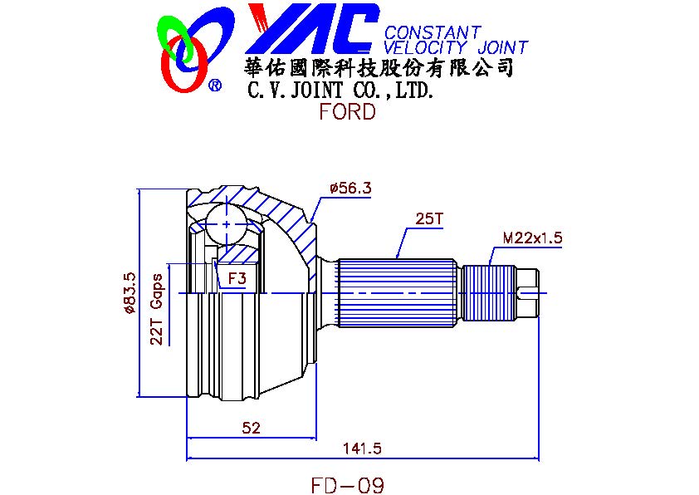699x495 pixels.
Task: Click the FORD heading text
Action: click(347, 111)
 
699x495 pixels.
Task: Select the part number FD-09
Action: click(347, 484)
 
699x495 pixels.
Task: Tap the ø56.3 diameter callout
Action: click(349, 189)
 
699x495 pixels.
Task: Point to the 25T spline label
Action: click(429, 220)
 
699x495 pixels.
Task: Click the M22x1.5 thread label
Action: click(532, 238)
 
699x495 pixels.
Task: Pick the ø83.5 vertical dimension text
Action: click(129, 293)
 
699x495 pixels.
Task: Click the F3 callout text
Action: click(237, 278)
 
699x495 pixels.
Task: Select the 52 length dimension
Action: click(251, 428)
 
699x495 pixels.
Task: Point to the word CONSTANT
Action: click(433, 33)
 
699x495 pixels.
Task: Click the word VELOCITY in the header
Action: click(427, 48)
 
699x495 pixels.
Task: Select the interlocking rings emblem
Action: click(183, 51)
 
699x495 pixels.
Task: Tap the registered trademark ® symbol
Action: click(214, 85)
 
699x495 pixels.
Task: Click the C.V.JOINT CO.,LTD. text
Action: click(341, 89)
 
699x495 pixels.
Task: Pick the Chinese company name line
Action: click(379, 67)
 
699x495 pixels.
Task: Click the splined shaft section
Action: click(397, 292)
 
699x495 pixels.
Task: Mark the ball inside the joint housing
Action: click(228, 222)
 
